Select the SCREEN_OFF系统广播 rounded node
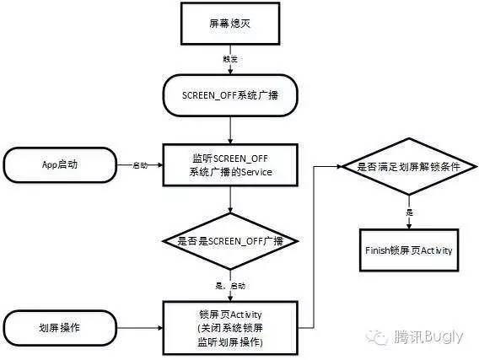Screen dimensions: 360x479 (230, 97)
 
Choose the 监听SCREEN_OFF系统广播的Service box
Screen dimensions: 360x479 (230, 164)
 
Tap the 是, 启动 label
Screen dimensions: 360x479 (230, 286)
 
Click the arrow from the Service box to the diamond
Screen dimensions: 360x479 (230, 201)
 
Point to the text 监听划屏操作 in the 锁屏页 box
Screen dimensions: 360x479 (230, 341)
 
